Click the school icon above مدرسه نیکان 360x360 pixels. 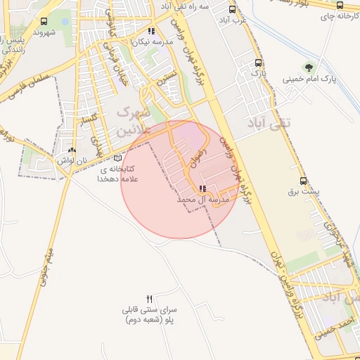(152, 30)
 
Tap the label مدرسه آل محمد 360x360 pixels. (203, 200)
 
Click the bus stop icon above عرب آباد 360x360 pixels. (233, 11)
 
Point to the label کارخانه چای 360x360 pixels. (337, 17)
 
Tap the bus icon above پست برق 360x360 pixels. (303, 180)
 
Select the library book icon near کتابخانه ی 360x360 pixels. (117, 159)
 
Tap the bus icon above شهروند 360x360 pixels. (44, 21)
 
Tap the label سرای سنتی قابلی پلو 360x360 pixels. (150, 314)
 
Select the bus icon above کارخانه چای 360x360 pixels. (340, 6)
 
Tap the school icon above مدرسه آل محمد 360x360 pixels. (202, 189)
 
